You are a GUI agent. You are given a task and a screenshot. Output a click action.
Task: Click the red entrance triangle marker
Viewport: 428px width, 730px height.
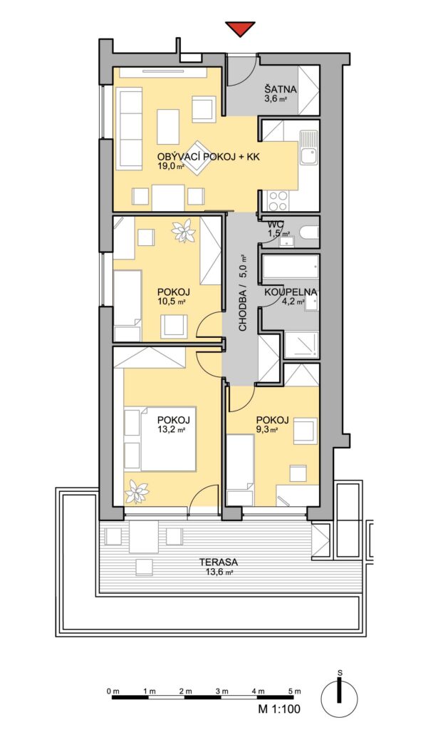click(240, 29)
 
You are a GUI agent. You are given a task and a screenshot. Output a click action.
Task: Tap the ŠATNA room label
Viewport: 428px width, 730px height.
click(281, 89)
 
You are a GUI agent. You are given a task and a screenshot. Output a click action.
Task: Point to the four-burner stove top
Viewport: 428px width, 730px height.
click(278, 202)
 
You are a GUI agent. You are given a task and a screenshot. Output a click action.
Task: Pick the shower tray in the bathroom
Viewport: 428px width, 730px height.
click(301, 344)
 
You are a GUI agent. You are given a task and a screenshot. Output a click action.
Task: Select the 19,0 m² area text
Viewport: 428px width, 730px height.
click(168, 167)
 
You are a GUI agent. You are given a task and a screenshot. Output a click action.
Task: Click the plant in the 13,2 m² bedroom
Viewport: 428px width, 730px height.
click(137, 491)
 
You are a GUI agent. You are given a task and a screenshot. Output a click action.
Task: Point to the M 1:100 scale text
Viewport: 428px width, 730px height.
click(279, 709)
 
